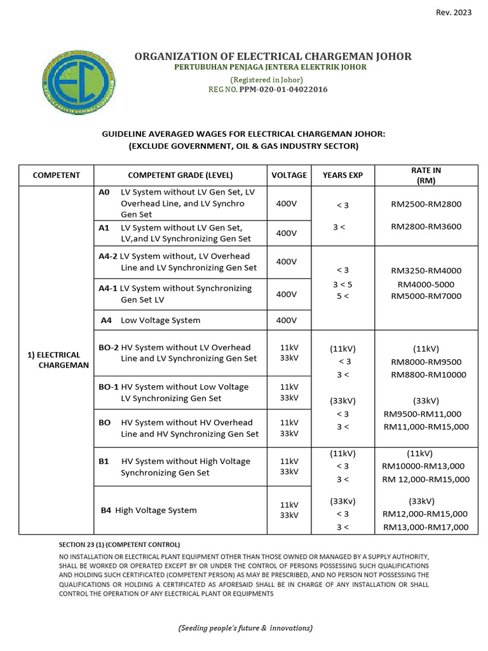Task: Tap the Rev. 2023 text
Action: tap(454, 13)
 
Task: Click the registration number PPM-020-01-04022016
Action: tap(283, 90)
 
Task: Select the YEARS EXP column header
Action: tap(342, 175)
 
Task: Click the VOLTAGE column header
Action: tap(289, 175)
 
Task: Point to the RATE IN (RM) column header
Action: tap(426, 175)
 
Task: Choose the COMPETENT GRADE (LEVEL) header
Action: tap(180, 175)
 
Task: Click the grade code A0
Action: tap(105, 192)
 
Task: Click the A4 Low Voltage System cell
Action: tap(151, 320)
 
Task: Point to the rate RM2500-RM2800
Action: tap(426, 205)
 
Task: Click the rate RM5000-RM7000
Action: tap(426, 296)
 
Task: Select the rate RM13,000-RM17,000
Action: tap(426, 527)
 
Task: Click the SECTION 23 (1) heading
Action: tap(119, 545)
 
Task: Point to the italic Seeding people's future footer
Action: tap(245, 627)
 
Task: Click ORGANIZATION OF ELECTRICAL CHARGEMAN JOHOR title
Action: tap(273, 57)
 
